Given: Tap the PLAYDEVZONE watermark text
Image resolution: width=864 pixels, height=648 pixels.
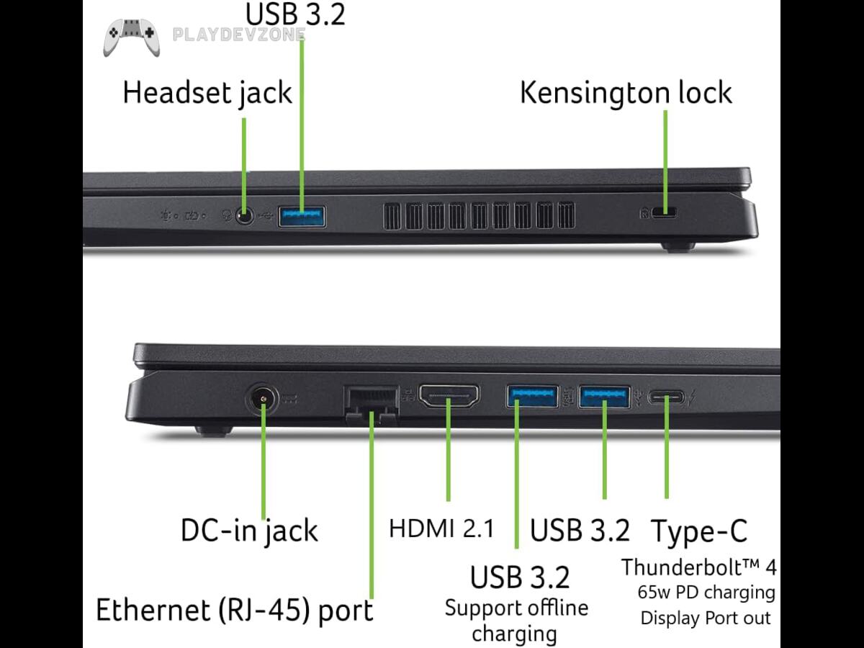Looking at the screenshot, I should (x=239, y=35).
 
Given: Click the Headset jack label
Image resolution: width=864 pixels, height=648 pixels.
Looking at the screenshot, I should (x=207, y=93).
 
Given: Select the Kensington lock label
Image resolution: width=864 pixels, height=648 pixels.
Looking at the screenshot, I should (x=626, y=93).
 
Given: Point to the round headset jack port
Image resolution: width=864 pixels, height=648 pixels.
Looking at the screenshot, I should (x=246, y=215).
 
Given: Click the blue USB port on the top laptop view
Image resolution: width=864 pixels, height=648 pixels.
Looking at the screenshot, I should (x=302, y=215).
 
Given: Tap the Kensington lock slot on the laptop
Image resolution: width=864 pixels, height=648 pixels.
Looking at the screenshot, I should (x=665, y=213).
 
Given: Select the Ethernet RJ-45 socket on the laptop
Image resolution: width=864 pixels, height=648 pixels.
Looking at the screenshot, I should (x=372, y=403).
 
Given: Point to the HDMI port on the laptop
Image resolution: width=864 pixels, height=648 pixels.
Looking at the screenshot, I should (x=449, y=397).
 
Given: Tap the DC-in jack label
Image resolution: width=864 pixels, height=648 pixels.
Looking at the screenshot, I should (x=248, y=531).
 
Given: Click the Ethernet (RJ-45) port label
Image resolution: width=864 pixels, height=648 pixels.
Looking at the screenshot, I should (x=235, y=610).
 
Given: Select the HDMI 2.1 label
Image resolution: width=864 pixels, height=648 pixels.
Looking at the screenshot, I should (x=441, y=528).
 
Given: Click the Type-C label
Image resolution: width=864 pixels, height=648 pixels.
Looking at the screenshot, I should (x=699, y=531).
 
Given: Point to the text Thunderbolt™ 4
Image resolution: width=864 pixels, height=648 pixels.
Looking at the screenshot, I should (x=699, y=567).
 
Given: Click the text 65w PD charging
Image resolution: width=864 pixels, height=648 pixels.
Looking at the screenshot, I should (x=706, y=593).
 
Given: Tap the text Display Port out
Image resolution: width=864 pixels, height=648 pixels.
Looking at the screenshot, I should (x=706, y=618).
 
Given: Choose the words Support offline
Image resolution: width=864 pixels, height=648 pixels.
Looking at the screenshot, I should (x=516, y=608).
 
